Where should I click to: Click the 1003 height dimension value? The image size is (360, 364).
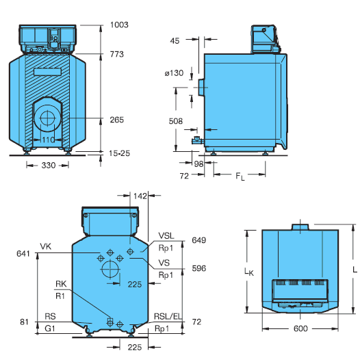[x=119, y=25]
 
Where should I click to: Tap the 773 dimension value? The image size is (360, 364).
[x=117, y=54]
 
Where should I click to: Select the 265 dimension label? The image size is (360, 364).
[x=117, y=120]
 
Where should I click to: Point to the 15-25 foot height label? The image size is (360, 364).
[x=119, y=153]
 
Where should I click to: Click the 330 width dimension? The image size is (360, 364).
[x=49, y=166]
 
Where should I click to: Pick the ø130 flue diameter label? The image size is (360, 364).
[x=174, y=73]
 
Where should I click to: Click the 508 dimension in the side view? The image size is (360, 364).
[x=176, y=121]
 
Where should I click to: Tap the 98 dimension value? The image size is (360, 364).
[x=198, y=164]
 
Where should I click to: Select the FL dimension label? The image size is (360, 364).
[x=240, y=177]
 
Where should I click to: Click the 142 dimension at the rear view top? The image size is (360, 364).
[x=140, y=196]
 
